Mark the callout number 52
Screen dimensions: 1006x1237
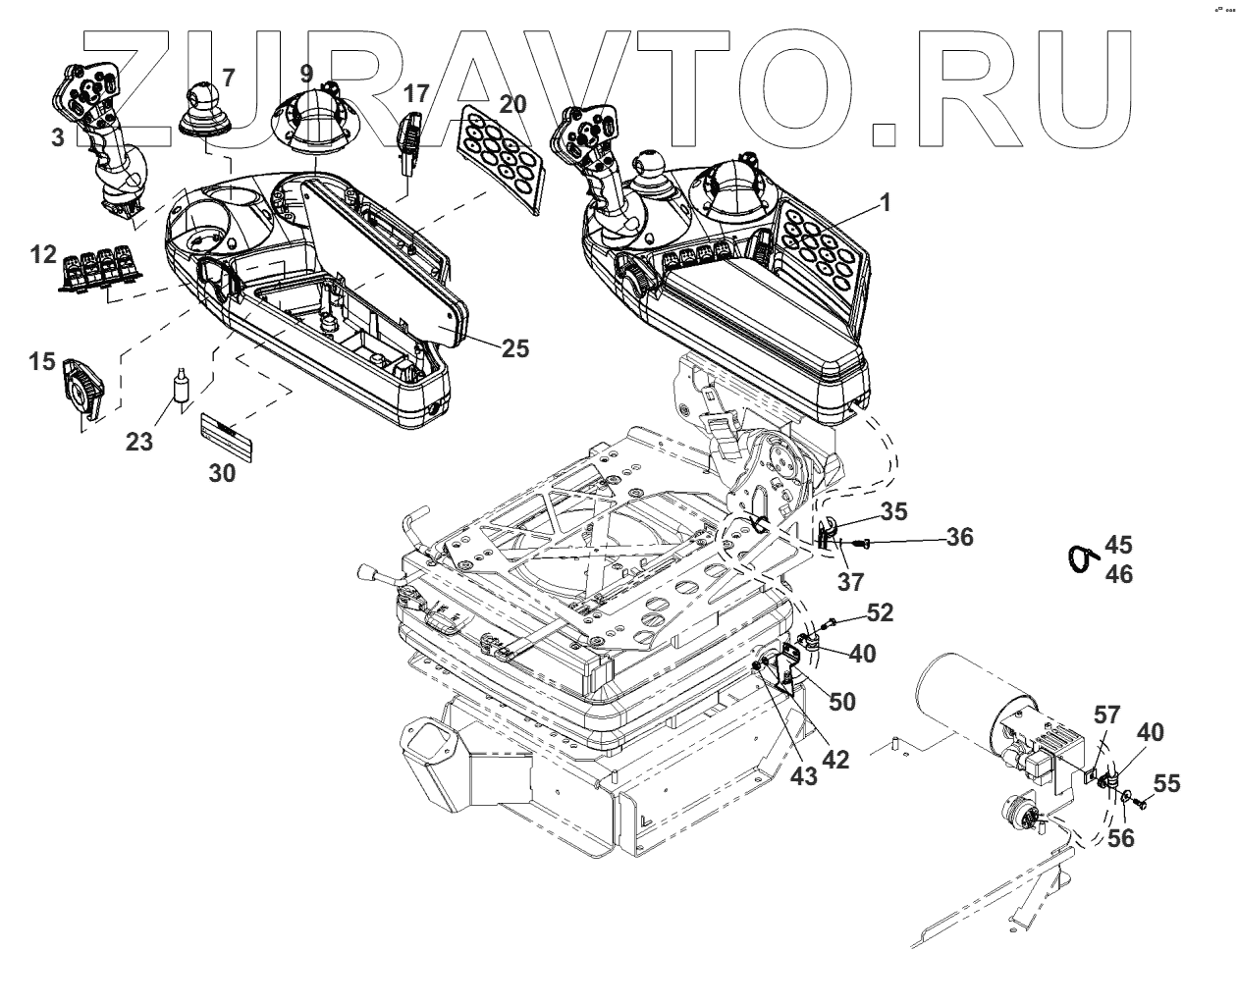point(881,612)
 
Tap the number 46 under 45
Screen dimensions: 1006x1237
point(1119,575)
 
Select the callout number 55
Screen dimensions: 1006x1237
point(1166,783)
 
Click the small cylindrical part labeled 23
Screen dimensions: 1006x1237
point(180,388)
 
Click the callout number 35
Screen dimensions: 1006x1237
point(893,511)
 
